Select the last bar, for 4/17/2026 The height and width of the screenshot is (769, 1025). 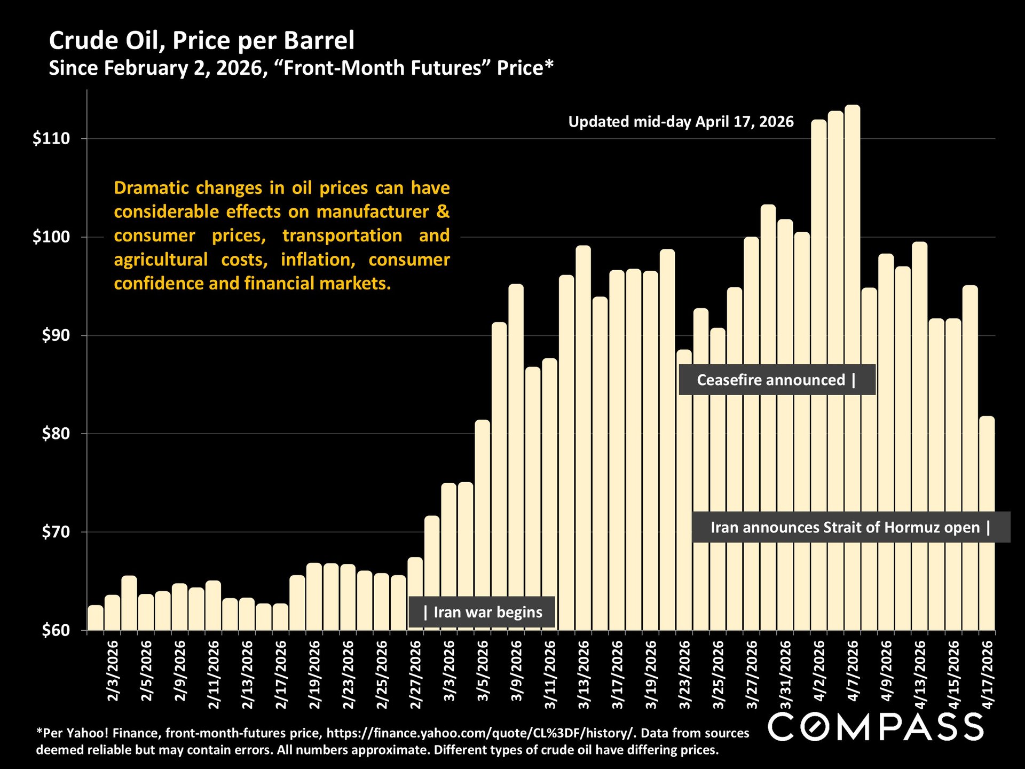coord(987,523)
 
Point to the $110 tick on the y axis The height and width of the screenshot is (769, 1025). coord(51,139)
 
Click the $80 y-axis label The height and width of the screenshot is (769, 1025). coord(56,434)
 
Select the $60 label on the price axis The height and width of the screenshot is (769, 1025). coord(56,630)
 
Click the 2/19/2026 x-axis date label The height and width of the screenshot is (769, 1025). coord(314,675)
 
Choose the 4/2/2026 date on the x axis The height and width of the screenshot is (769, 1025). coord(819,671)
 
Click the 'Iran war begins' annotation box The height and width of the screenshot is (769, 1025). coord(482,612)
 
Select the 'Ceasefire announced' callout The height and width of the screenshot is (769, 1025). coord(776,380)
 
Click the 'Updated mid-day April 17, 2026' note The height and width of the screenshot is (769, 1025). coord(681,122)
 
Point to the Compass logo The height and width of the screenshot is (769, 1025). coord(876,727)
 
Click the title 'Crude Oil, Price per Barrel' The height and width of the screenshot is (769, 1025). coord(202,41)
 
